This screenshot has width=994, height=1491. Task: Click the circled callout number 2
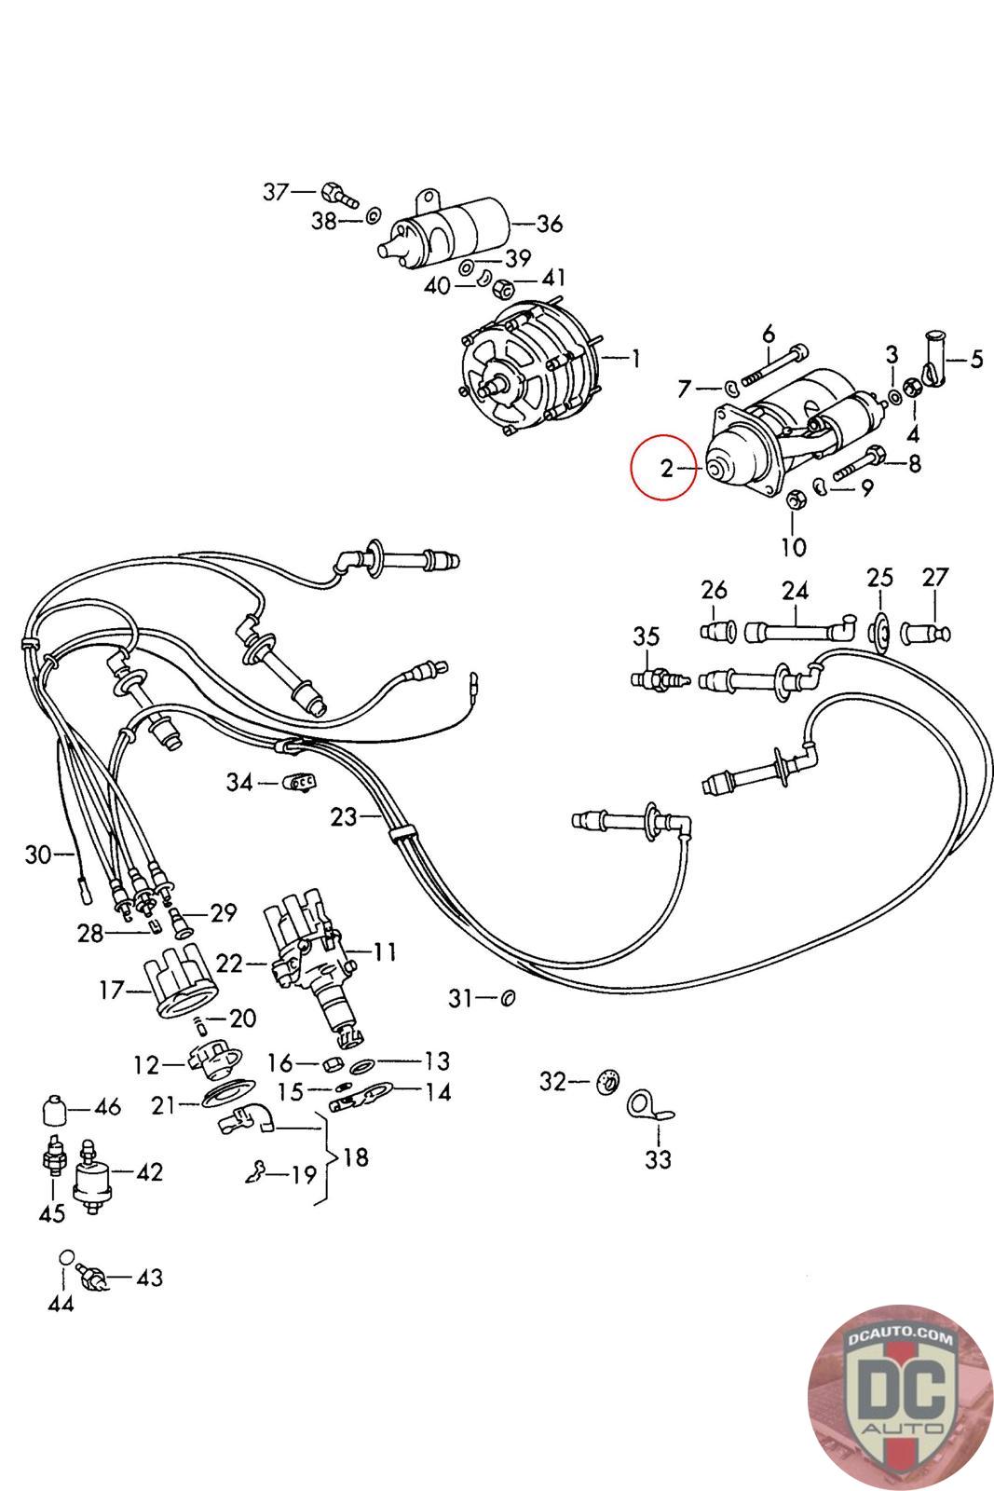click(667, 468)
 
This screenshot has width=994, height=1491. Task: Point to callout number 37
click(276, 192)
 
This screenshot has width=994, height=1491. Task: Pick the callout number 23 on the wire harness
click(344, 816)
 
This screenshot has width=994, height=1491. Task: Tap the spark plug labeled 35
click(660, 679)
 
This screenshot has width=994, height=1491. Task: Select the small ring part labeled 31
click(508, 998)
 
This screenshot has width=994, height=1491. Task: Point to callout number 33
click(658, 1159)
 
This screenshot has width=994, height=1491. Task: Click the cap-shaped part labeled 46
click(55, 1109)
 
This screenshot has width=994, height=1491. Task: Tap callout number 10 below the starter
click(793, 547)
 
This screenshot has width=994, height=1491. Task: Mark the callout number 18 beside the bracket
click(356, 1156)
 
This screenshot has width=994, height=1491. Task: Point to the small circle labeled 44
click(66, 1256)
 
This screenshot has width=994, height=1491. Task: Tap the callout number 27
click(934, 577)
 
